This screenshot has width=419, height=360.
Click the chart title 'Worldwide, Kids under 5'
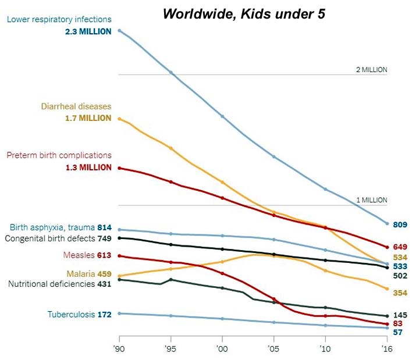(x=244, y=13)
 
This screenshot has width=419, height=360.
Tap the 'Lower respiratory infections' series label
(x=59, y=20)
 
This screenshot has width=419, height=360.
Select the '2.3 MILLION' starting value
(x=88, y=31)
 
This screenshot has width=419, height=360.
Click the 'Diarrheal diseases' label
(x=76, y=106)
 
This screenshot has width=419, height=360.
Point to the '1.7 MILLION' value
(x=88, y=118)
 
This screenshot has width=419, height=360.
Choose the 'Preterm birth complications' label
(x=59, y=155)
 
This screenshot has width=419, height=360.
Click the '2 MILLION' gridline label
(x=371, y=69)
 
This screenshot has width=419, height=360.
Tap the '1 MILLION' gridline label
(x=371, y=200)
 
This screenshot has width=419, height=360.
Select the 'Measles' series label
(x=79, y=255)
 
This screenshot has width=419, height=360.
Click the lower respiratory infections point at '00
(x=222, y=116)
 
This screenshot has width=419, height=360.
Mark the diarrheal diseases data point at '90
(x=119, y=119)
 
